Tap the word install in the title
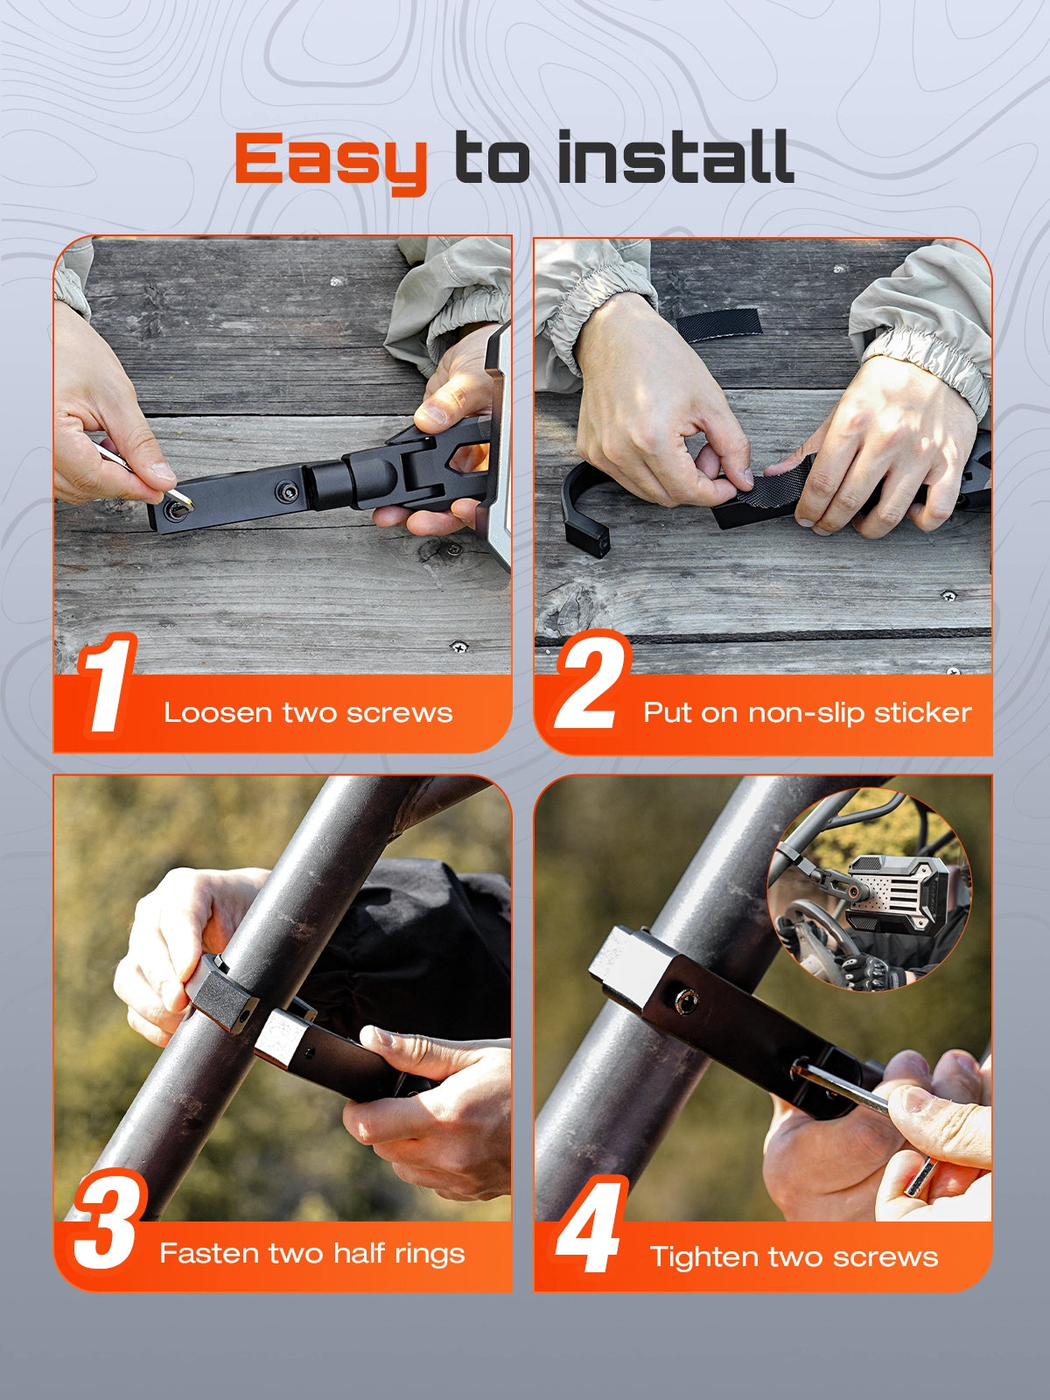point(675,157)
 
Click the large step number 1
point(107,683)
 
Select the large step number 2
point(591,680)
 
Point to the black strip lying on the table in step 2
point(720,325)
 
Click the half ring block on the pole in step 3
point(224,990)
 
